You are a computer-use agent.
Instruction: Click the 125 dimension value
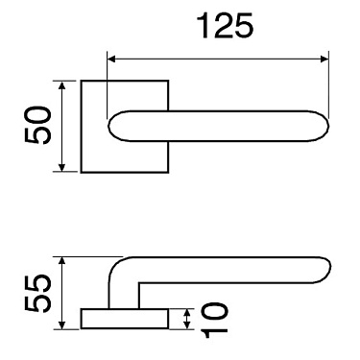(x=224, y=27)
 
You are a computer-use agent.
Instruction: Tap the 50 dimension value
(x=36, y=126)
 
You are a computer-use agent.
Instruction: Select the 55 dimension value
(x=36, y=294)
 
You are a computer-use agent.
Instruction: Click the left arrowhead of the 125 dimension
(x=111, y=60)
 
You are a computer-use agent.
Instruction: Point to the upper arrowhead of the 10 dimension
(x=187, y=313)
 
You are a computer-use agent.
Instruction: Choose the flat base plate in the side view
(x=125, y=319)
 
